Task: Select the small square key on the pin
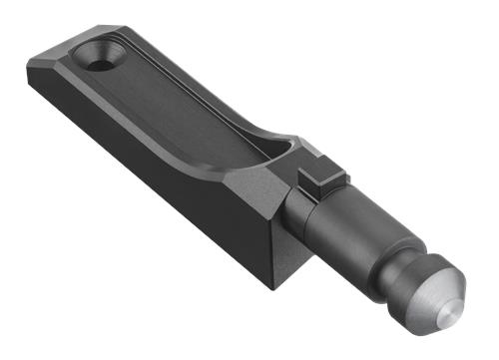pos(321,178)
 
